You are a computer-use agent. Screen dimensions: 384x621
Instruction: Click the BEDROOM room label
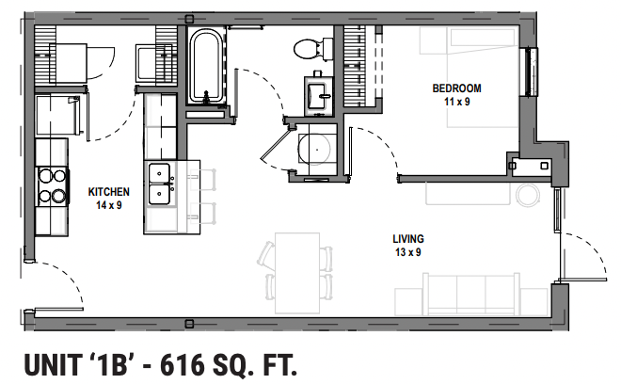tap(451, 88)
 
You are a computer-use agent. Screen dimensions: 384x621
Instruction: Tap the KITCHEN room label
tap(108, 192)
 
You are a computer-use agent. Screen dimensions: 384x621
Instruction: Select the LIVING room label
tap(408, 239)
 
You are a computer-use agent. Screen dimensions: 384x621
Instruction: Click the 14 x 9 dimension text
tap(110, 204)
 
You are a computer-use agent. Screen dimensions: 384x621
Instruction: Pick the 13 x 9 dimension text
tap(408, 251)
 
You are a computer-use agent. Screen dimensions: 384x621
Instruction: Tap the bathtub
tap(204, 67)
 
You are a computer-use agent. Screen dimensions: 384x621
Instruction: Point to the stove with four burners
tap(51, 185)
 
